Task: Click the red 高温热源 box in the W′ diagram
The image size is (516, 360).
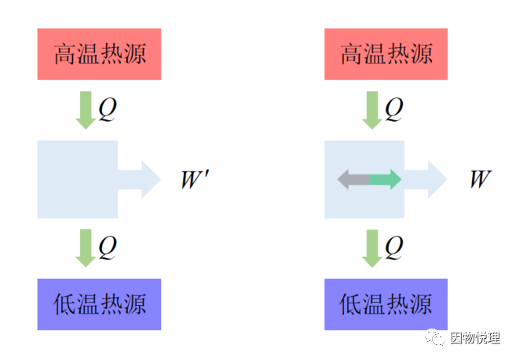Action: point(99,54)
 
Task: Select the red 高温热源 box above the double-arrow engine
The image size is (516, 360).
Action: point(386,54)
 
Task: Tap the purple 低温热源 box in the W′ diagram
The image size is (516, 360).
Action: point(99,304)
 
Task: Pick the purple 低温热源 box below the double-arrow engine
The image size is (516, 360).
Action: point(386,304)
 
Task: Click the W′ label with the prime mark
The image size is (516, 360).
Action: point(194,179)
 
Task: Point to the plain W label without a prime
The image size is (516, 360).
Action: point(480,179)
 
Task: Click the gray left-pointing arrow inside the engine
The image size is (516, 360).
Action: point(353,179)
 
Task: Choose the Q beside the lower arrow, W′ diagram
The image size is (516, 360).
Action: point(108,247)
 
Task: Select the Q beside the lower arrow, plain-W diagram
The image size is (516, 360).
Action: point(394,247)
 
